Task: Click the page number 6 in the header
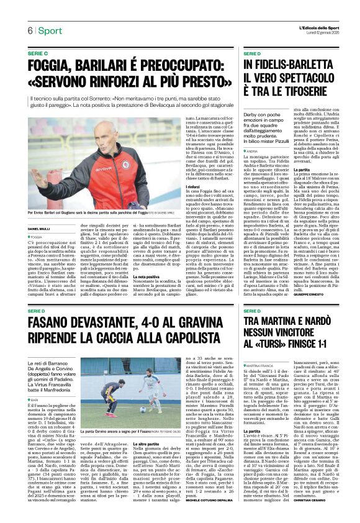[30, 30]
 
